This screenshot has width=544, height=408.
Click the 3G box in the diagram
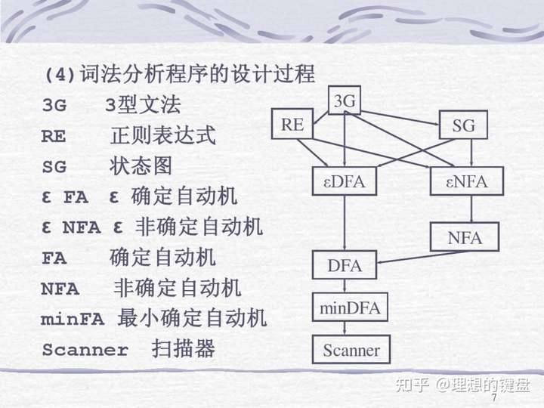click(345, 100)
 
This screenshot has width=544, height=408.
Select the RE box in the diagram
click(292, 125)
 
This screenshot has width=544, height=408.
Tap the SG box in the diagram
click(463, 125)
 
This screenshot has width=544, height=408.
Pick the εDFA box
click(344, 181)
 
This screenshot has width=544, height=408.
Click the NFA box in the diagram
click(465, 237)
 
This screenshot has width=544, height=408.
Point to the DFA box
click(345, 265)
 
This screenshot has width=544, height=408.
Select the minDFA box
click(350, 308)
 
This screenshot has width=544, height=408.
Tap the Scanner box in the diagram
click(351, 350)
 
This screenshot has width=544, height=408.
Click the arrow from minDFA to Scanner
click(345, 329)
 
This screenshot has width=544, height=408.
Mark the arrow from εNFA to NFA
click(471, 209)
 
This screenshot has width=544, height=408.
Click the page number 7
click(494, 397)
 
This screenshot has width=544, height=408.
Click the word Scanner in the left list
click(85, 351)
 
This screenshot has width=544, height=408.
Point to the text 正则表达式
click(163, 136)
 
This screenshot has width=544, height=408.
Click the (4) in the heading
click(60, 76)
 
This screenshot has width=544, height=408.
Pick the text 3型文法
click(143, 105)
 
